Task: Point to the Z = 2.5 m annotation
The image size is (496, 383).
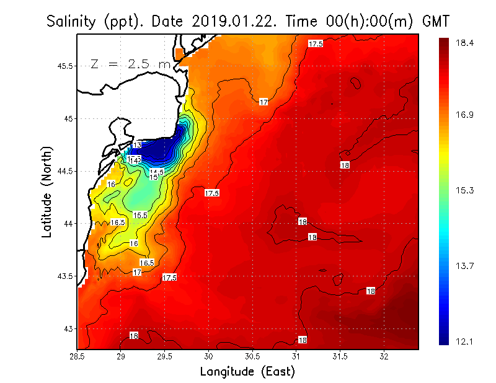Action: pos(130,64)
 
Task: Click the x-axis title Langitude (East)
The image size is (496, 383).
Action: pos(247,371)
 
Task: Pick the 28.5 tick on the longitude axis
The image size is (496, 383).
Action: pos(77,356)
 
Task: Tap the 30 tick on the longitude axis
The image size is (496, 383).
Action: pos(209,356)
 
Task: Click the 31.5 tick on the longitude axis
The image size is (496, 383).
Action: pos(340,356)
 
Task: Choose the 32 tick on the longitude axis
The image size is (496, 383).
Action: pos(384,356)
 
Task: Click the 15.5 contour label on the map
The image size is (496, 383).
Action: pos(140,215)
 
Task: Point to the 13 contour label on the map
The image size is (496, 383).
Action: pos(137,145)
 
